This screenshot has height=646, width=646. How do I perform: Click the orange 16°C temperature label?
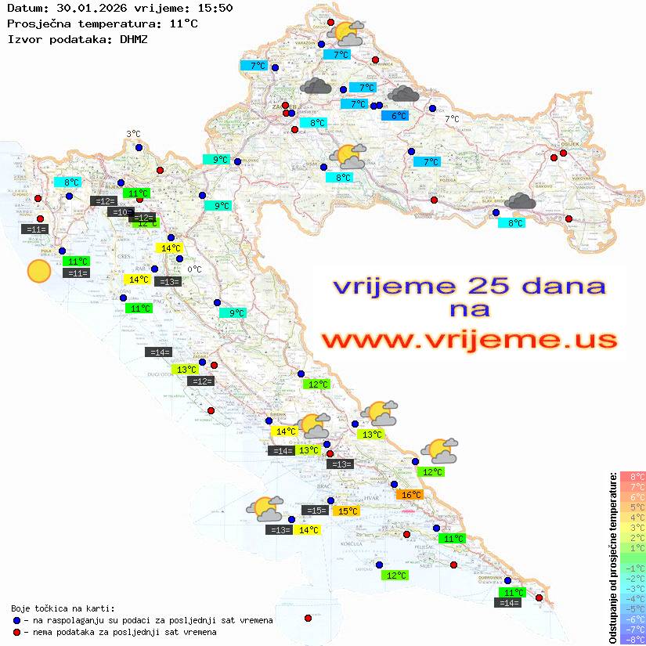click(410, 495)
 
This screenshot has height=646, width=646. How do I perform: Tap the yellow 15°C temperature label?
click(347, 511)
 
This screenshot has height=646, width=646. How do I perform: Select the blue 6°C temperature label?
click(399, 116)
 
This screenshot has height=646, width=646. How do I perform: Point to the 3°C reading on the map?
click(133, 135)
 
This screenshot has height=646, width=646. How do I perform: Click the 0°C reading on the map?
click(194, 270)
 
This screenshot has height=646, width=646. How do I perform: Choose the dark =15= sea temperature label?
click(315, 511)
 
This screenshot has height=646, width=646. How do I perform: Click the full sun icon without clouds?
click(38, 272)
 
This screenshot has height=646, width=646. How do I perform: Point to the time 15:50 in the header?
click(215, 8)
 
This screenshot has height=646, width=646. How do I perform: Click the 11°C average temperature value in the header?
click(183, 23)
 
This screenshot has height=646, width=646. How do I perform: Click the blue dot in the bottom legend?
click(16, 620)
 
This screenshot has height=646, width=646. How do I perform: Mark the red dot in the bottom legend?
click(16, 632)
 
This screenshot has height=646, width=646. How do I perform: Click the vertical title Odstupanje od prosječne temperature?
click(612, 558)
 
